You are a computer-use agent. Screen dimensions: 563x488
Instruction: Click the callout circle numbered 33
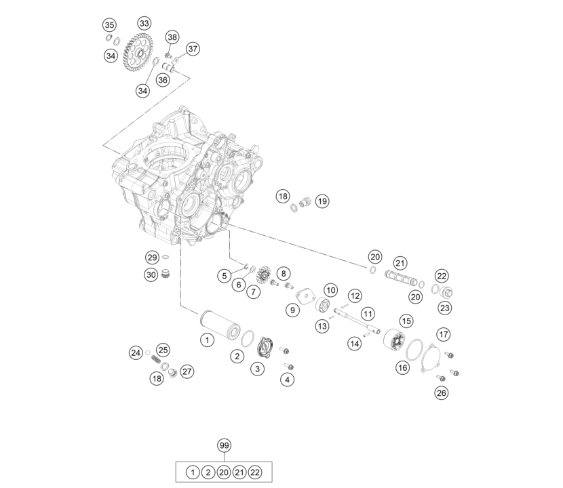point(144,23)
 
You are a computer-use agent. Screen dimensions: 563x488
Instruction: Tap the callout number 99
point(224,445)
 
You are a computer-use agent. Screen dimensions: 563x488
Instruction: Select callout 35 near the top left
point(109,25)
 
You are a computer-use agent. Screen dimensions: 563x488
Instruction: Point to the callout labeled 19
point(322,201)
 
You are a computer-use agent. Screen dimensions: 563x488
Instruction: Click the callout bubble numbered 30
point(151,275)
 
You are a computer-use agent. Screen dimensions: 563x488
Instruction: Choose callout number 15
point(406,321)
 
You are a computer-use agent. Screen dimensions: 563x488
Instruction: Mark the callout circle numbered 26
point(442,392)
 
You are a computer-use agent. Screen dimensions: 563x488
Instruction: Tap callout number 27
point(187,371)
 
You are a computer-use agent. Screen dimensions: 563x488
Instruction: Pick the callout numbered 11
point(368,314)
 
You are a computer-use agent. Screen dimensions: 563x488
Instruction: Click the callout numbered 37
point(193,49)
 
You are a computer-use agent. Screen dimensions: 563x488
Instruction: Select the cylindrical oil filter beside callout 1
point(220,325)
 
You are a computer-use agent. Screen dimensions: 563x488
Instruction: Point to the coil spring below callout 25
point(155,359)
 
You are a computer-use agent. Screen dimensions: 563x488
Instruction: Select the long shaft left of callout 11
point(357,321)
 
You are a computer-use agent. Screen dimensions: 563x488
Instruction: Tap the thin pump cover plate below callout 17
point(433,359)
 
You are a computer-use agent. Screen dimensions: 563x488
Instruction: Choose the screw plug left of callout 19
point(305,203)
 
